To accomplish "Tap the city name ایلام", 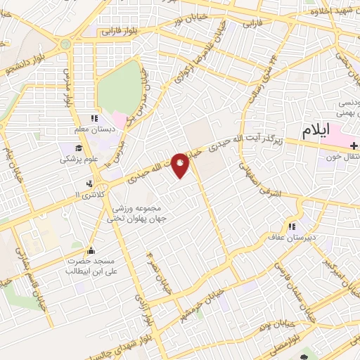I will coord(316,131).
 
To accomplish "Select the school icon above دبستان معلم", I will coord(93,120).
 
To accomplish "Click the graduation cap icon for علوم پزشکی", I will coord(79,148).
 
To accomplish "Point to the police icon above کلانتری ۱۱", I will coord(88,184).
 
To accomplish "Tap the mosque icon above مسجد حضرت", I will coord(90,250).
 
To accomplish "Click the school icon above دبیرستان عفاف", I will coord(290,226).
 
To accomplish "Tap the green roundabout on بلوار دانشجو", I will coord(65,44).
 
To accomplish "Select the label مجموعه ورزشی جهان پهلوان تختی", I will coord(134,214).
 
